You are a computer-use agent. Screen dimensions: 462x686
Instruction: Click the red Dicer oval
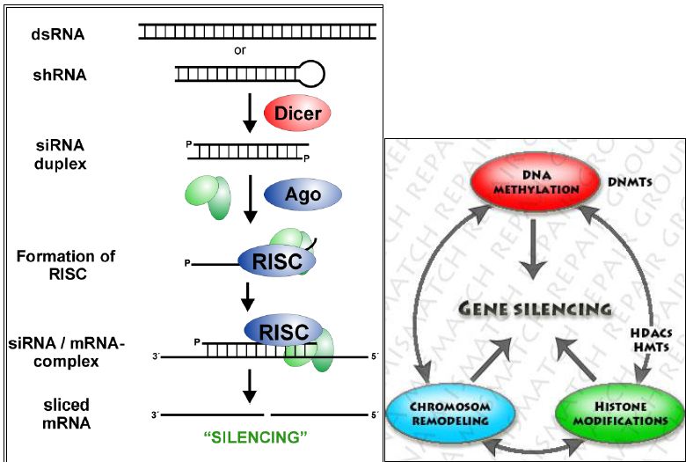(x=297, y=114)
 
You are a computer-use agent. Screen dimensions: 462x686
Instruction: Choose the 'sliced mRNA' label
(x=65, y=414)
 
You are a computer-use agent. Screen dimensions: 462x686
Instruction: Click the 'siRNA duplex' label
(x=62, y=153)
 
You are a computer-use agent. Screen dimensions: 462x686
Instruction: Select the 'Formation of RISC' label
(x=65, y=264)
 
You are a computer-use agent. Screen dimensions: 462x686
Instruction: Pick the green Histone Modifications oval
(x=613, y=413)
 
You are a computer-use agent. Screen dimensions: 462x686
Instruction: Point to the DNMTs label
(x=629, y=182)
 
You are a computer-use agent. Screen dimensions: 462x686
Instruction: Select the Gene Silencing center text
(x=535, y=309)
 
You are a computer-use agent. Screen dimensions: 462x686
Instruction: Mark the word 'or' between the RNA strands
(x=240, y=50)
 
